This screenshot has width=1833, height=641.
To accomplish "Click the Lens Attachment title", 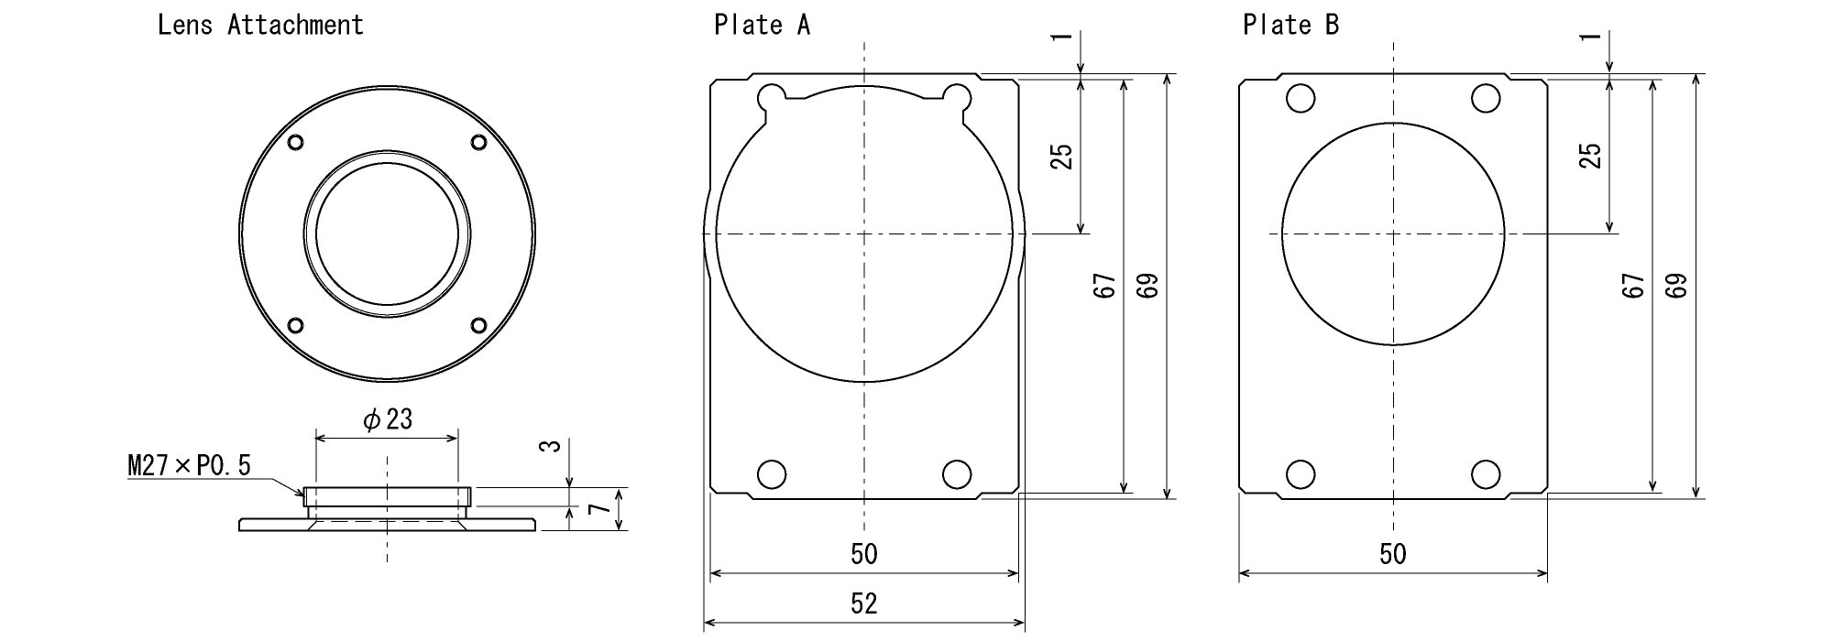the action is click(x=260, y=25).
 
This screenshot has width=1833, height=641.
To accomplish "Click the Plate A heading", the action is click(x=762, y=25).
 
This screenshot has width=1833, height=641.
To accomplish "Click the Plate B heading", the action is click(x=1290, y=25).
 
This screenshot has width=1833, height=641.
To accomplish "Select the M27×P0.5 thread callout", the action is click(x=189, y=466).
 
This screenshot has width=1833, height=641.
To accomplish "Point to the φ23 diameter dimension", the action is click(x=387, y=419).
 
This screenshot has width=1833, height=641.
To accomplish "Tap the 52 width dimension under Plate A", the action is click(x=864, y=603).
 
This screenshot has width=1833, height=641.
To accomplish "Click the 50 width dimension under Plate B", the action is click(x=1393, y=554).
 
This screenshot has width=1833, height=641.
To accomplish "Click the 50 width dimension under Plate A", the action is click(x=864, y=554).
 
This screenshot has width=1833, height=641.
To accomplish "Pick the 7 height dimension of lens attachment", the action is click(x=597, y=509).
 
